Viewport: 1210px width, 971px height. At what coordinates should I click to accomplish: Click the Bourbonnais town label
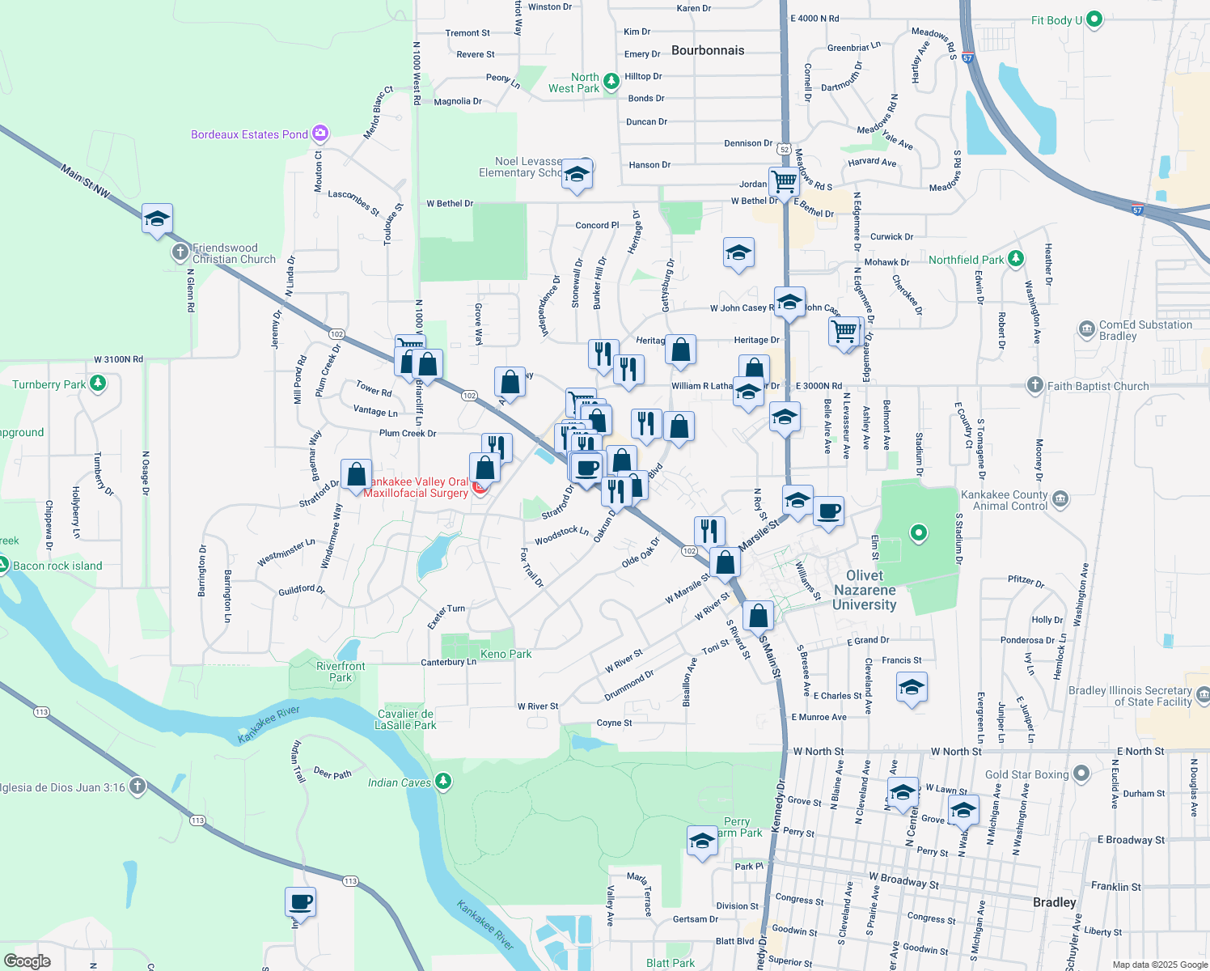coord(708,50)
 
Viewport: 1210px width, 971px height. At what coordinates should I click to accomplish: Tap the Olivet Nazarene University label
coord(865,590)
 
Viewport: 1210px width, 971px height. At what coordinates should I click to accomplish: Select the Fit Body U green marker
coord(1094,19)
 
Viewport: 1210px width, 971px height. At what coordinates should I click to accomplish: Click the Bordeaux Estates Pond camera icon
coord(319,134)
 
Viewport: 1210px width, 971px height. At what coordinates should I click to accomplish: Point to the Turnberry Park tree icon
coord(98,383)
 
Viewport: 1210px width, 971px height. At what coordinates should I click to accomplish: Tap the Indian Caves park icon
coord(442,782)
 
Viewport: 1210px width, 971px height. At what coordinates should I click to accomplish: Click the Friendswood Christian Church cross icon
coord(180,252)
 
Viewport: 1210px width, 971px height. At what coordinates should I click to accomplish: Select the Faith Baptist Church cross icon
coord(1034,385)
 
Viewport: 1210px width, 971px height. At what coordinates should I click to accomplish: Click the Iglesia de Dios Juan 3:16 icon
coord(137,786)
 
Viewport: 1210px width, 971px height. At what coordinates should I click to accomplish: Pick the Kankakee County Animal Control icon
coord(1060,499)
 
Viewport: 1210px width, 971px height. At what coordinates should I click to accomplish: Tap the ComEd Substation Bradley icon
coord(1086,329)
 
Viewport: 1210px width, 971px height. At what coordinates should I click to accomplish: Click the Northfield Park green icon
coord(1016,259)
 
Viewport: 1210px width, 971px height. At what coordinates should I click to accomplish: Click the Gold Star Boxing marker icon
coord(1081,774)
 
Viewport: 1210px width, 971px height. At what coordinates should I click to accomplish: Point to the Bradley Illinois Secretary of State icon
coord(1203,694)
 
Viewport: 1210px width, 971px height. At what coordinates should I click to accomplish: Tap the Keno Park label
coord(506,654)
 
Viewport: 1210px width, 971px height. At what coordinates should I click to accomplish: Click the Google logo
coord(27,960)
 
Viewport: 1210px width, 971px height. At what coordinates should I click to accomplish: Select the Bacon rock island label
coord(57,566)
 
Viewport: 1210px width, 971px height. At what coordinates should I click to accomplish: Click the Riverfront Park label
coord(341,672)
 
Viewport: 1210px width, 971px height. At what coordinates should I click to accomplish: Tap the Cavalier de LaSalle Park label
coord(406,719)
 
